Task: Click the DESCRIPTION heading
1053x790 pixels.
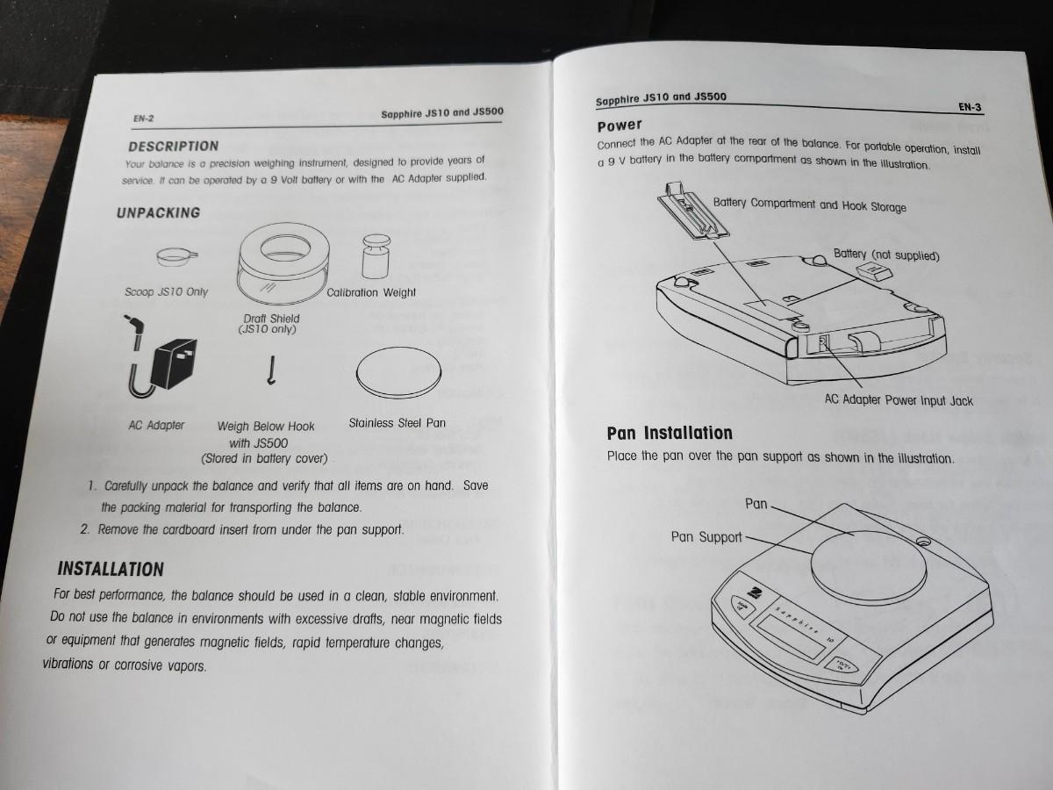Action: [173, 147]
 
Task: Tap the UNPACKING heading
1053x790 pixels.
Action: [158, 212]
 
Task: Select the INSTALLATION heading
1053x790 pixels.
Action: [111, 569]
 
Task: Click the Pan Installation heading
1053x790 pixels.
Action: [670, 433]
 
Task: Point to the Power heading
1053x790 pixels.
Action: [620, 126]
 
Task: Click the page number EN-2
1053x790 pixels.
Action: [143, 118]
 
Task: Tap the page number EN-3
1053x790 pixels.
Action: [970, 107]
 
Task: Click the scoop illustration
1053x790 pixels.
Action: [176, 256]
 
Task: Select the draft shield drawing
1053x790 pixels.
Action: [284, 263]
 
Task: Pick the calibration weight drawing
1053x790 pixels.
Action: [376, 256]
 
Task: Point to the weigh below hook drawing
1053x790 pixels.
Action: [271, 370]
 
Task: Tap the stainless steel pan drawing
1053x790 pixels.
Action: [398, 372]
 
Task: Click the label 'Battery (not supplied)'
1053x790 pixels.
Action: [886, 255]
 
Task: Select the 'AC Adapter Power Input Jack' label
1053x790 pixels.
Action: [899, 400]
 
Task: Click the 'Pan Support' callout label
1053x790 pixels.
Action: [706, 536]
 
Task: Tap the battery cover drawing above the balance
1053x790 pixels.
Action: [693, 211]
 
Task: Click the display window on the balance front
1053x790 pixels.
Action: [791, 636]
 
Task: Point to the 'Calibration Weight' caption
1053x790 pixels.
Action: [371, 292]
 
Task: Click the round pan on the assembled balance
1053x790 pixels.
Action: [869, 567]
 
